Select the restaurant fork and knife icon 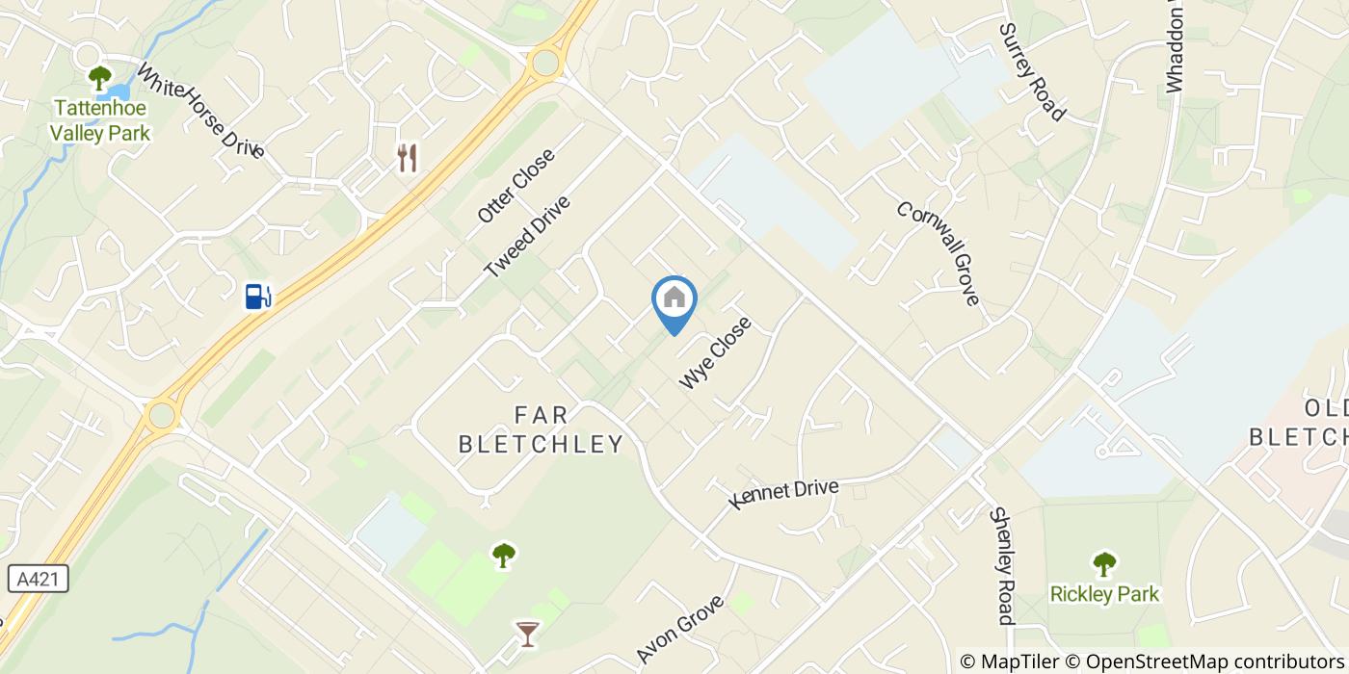click(x=408, y=158)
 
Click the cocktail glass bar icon click(x=527, y=633)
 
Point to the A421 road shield click(x=38, y=579)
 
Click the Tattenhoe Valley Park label click(x=101, y=120)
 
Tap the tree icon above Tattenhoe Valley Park click(x=100, y=78)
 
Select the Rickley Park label click(x=1104, y=594)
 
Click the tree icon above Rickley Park click(x=1104, y=562)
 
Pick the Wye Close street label click(x=715, y=353)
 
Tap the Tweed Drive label click(x=528, y=237)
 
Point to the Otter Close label click(x=516, y=186)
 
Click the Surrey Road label click(x=1032, y=72)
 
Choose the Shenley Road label click(x=1002, y=565)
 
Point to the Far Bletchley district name click(x=541, y=429)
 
